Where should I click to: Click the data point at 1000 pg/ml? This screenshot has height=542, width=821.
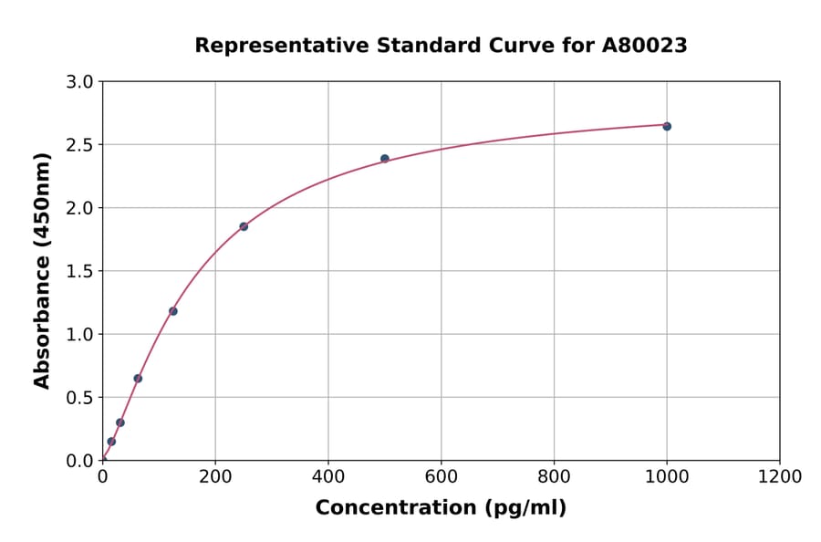pyautogui.click(x=667, y=126)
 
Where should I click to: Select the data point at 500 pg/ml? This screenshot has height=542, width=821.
pyautogui.click(x=385, y=159)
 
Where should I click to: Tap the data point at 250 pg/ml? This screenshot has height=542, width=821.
pyautogui.click(x=244, y=226)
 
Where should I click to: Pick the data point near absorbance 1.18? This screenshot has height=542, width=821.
pyautogui.click(x=173, y=311)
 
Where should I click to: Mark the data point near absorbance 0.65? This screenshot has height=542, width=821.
pyautogui.click(x=138, y=378)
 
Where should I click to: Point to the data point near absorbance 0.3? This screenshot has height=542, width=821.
pyautogui.click(x=120, y=422)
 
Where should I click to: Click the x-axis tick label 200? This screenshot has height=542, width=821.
pyautogui.click(x=215, y=476)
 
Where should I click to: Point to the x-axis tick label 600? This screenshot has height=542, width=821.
pyautogui.click(x=441, y=476)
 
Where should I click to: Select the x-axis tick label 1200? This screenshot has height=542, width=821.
pyautogui.click(x=779, y=476)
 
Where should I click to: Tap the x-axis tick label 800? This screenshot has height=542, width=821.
pyautogui.click(x=554, y=476)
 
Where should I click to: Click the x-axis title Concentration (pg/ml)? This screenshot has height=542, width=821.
pyautogui.click(x=441, y=508)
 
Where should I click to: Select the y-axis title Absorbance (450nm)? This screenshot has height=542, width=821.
pyautogui.click(x=42, y=270)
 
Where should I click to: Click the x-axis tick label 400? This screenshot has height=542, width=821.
pyautogui.click(x=328, y=476)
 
